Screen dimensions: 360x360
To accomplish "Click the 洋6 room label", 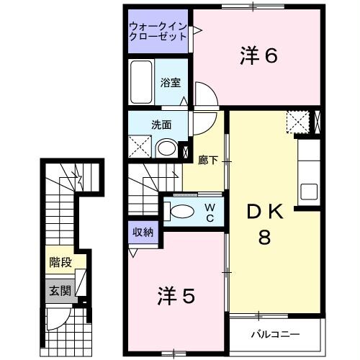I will pyautogui.click(x=257, y=55).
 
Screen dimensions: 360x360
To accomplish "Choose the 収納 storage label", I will pyautogui.click(x=142, y=232).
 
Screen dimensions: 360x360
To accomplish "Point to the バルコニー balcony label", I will pyautogui.click(x=274, y=335).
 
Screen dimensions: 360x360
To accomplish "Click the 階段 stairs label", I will pyautogui.click(x=60, y=262).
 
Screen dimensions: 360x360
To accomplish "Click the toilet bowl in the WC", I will pyautogui.click(x=182, y=210).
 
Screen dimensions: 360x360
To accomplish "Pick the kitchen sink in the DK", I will pyautogui.click(x=309, y=192).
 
